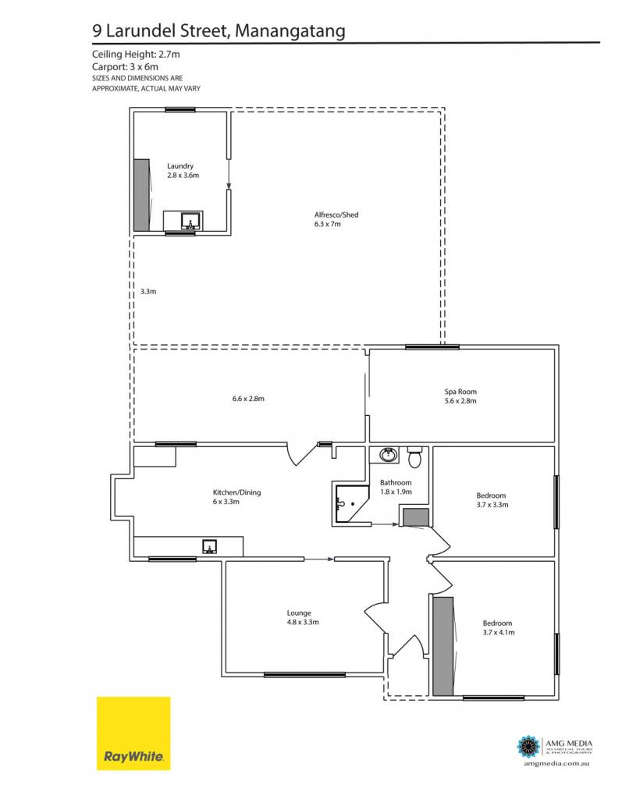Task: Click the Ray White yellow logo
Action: [133, 733]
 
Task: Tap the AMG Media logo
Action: [555, 751]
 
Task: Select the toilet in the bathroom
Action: [415, 457]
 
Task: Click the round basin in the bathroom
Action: [389, 454]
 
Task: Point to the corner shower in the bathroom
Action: [352, 504]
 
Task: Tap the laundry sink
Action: [190, 222]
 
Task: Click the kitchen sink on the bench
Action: [210, 547]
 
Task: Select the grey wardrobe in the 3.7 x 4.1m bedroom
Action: [443, 646]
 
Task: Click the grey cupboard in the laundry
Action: [141, 195]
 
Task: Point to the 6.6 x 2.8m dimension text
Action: [248, 399]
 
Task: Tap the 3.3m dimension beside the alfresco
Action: [148, 292]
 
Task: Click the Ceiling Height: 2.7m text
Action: [136, 54]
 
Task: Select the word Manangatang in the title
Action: [290, 31]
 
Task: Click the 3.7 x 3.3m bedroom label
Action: [492, 500]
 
